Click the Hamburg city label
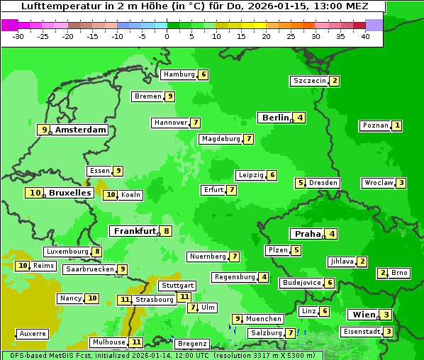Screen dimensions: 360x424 click(x=179, y=74)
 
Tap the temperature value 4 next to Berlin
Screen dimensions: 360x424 click(x=300, y=118)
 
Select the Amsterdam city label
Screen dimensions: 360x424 click(x=81, y=130)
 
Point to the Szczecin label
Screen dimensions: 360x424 click(x=310, y=81)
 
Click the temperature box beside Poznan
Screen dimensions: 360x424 click(x=397, y=125)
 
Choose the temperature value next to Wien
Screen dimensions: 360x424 click(x=385, y=315)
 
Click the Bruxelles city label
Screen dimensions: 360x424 click(x=69, y=192)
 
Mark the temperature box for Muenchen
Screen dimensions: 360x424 click(x=238, y=319)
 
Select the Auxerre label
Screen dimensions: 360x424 click(x=33, y=333)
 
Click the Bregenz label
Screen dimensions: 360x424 click(x=191, y=344)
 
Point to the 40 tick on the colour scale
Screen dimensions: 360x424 click(x=365, y=36)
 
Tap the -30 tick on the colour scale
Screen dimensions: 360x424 click(x=18, y=36)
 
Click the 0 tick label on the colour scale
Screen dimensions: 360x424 click(x=167, y=36)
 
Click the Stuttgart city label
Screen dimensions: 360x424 click(x=177, y=286)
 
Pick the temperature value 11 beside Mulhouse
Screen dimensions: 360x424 click(x=136, y=342)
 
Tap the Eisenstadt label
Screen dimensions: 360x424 click(x=361, y=332)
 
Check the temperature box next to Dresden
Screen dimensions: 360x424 click(x=301, y=183)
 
